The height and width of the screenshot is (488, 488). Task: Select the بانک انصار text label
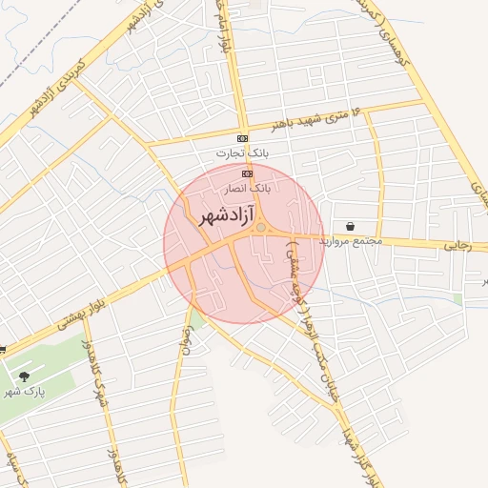(246, 189)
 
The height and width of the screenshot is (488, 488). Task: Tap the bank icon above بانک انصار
(248, 173)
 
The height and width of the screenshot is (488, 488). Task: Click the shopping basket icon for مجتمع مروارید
(352, 227)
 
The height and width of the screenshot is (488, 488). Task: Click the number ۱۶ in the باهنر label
(357, 112)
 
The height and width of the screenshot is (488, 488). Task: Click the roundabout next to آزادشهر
(260, 228)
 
